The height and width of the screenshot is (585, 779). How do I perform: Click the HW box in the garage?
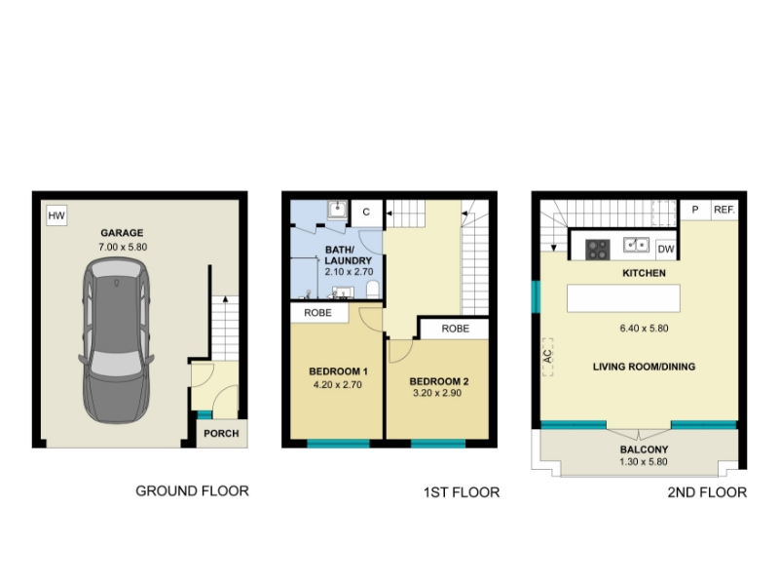[x=56, y=215]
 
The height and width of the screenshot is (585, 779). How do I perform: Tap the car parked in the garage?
[x=116, y=340]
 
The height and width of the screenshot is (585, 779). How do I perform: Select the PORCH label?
[x=221, y=433]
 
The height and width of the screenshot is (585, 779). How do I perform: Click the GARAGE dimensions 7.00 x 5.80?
[x=123, y=247]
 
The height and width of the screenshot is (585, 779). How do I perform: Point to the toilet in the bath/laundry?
[x=373, y=290]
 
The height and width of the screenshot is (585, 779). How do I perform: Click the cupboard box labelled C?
[x=367, y=213]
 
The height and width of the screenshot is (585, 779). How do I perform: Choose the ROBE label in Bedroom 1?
[x=318, y=313]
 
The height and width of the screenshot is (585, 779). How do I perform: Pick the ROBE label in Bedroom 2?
[x=455, y=329]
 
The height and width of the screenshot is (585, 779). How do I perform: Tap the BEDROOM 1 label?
[x=338, y=371]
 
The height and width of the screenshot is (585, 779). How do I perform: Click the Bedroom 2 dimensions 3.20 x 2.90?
[x=437, y=393]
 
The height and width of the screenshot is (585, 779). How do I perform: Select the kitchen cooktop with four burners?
[x=598, y=250]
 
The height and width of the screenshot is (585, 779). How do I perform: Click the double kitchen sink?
[x=637, y=245]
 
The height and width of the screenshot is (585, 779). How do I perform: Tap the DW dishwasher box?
[x=666, y=249]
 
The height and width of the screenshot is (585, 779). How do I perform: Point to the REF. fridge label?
[x=723, y=210]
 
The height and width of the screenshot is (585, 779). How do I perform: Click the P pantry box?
[x=694, y=210]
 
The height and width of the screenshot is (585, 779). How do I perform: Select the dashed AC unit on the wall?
[x=547, y=357]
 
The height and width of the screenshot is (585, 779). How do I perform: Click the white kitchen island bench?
[x=623, y=298]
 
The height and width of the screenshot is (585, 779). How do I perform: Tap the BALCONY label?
[x=644, y=449]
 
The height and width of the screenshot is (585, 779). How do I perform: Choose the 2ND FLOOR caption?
[x=707, y=492]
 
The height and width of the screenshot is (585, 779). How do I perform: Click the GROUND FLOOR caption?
[x=192, y=491]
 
